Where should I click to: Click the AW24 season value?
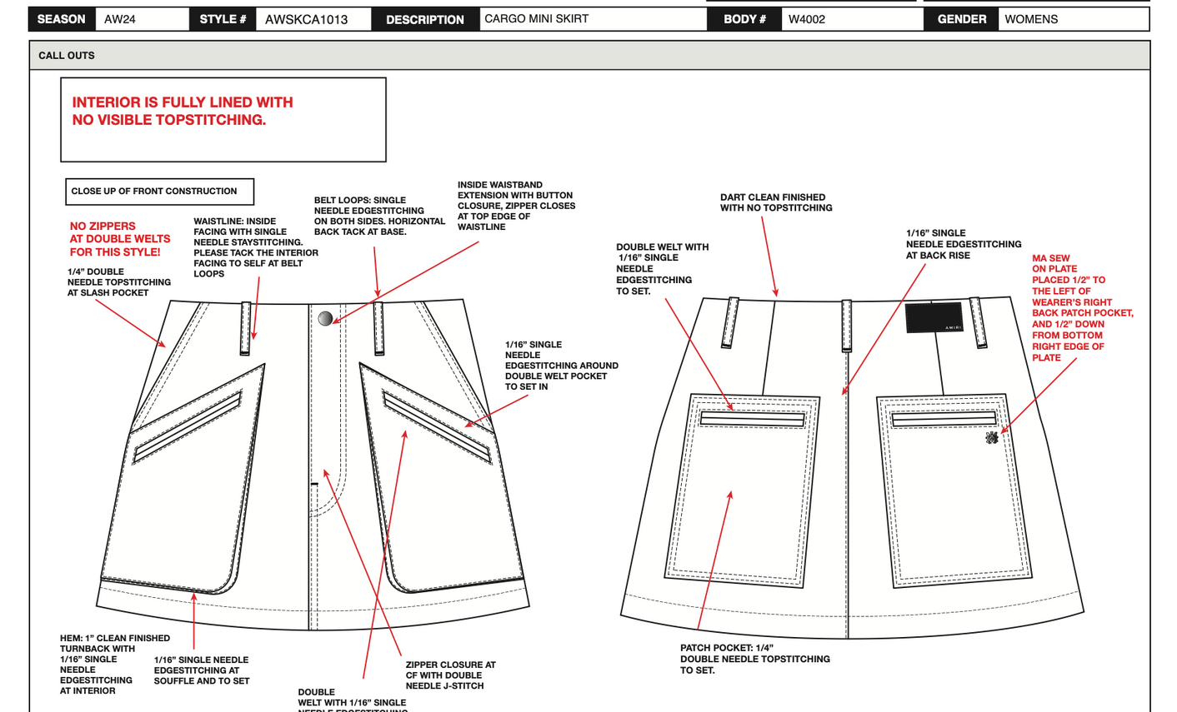tap(120, 19)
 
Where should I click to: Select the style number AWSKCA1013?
tap(306, 19)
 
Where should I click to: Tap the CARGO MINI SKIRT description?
tap(536, 18)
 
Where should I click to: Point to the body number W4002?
tap(807, 19)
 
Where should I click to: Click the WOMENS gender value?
tap(1031, 19)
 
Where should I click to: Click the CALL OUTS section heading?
tap(67, 56)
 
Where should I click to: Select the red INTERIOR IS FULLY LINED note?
tap(183, 111)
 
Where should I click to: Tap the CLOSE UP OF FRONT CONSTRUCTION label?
tap(154, 192)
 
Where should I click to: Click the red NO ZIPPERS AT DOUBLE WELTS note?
tap(119, 239)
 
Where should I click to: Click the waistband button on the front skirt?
tap(326, 318)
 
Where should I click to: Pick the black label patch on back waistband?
tap(934, 317)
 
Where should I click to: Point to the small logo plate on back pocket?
tap(991, 438)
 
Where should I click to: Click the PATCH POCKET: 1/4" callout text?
tap(754, 659)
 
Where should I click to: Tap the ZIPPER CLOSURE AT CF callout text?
tap(450, 675)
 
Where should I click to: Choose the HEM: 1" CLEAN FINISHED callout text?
tap(113, 664)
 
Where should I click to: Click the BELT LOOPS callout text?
tap(379, 216)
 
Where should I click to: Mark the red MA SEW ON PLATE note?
tap(1081, 307)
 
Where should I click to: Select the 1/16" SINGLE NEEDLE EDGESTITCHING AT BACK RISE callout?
tap(963, 244)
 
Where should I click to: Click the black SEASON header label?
tap(61, 19)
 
